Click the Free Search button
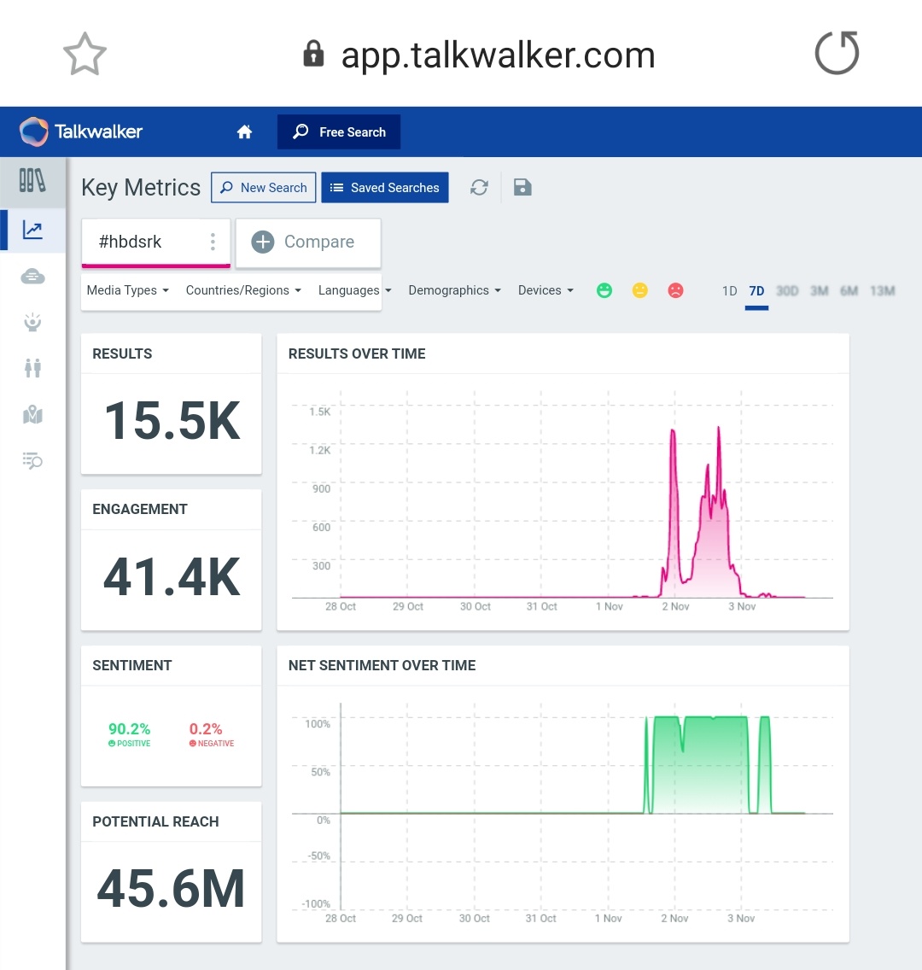coord(339,132)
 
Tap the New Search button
coord(264,188)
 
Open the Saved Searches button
coord(385,188)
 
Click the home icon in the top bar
coord(244,132)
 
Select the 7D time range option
coord(756,291)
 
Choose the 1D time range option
coord(729,291)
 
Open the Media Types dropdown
coord(128,290)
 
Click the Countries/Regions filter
coord(243,290)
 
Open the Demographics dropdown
coord(454,290)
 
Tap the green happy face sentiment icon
coord(604,291)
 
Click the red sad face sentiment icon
coord(675,291)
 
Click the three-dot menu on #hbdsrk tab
coord(213,242)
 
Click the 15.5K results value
coord(172,422)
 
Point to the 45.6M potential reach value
coord(172,889)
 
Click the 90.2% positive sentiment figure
coord(129,729)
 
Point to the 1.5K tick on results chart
coord(320,412)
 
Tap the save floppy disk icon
coord(522,188)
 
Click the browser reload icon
coord(837,54)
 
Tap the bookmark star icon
coord(85,55)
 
